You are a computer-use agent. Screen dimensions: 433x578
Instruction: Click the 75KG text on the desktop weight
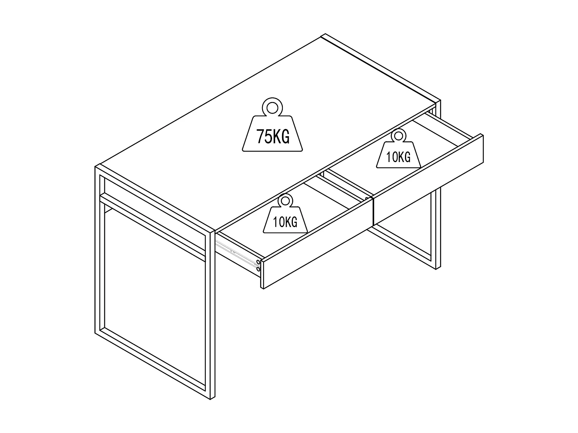(x=273, y=137)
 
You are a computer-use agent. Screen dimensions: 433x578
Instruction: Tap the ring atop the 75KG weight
(x=272, y=107)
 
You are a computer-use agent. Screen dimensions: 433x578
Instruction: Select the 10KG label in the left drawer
(x=285, y=222)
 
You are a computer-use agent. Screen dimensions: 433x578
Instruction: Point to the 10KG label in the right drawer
(x=398, y=157)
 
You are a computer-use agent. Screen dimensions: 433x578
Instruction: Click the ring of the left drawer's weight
(x=285, y=201)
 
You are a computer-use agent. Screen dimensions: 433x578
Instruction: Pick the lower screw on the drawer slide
(x=258, y=270)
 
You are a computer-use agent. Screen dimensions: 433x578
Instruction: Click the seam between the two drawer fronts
(x=373, y=211)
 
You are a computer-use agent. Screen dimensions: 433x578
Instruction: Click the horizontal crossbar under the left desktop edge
(x=154, y=223)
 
